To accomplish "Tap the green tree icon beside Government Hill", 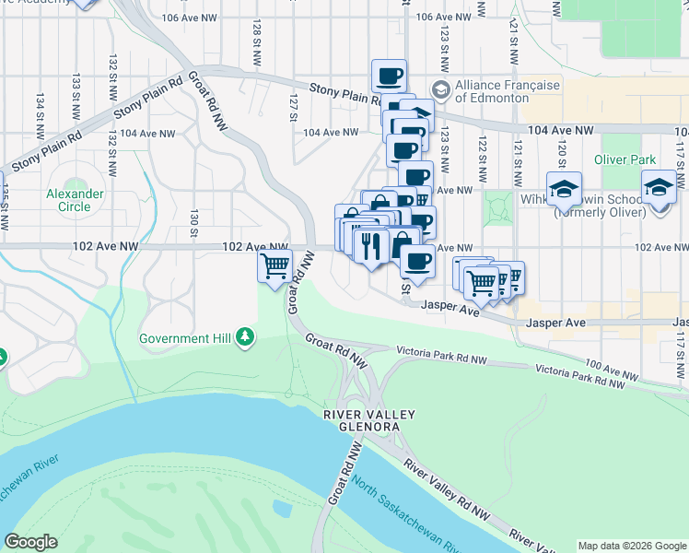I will [x=245, y=338].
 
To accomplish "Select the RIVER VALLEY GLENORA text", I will [x=362, y=421].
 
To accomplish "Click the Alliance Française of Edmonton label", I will [x=507, y=91].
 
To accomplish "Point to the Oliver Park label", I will [x=625, y=159].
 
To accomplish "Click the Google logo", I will [x=30, y=542].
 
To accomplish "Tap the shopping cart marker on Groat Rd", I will [x=275, y=267].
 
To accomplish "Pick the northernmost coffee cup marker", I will [x=389, y=76].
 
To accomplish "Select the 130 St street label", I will [x=194, y=221].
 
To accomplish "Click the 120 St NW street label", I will [x=560, y=144].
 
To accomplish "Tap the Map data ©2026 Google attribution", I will [x=632, y=545].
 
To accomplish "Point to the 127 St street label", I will [x=293, y=107].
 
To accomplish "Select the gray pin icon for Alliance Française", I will [x=440, y=90].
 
